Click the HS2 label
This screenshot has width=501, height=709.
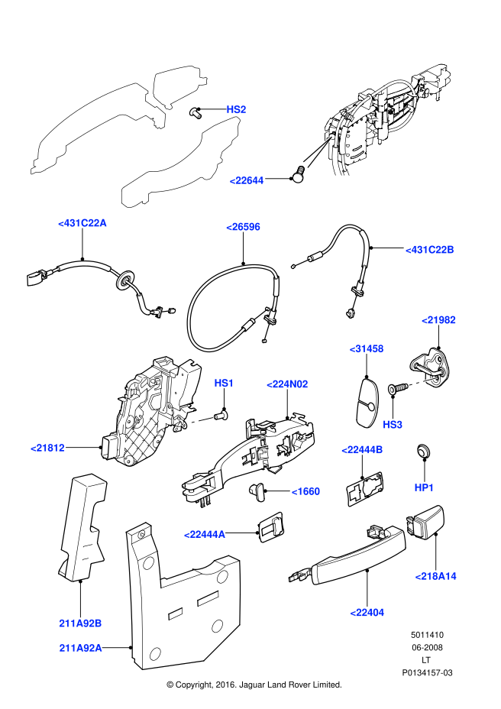click(236, 109)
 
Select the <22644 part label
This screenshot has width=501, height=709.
click(247, 180)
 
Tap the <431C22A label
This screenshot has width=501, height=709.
click(82, 223)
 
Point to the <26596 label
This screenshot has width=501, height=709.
click(243, 227)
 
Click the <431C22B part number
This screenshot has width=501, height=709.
click(430, 250)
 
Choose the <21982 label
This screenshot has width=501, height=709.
click(438, 320)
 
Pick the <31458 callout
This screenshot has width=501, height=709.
click(367, 349)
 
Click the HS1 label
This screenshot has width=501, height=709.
click(224, 383)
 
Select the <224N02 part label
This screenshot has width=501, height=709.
click(287, 384)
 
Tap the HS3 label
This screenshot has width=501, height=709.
click(393, 425)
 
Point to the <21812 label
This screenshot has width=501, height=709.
click(47, 448)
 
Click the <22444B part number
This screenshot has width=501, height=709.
click(362, 450)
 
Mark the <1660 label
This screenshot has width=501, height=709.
click(305, 491)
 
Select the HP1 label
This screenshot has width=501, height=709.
click(424, 487)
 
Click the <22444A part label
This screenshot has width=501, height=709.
click(205, 535)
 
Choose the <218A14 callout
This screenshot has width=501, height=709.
click(435, 576)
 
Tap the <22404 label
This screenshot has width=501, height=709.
click(367, 613)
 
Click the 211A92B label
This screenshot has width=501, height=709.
click(80, 623)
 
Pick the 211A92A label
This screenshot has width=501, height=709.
click(80, 648)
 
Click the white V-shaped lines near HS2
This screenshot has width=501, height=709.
click(318, 151)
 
